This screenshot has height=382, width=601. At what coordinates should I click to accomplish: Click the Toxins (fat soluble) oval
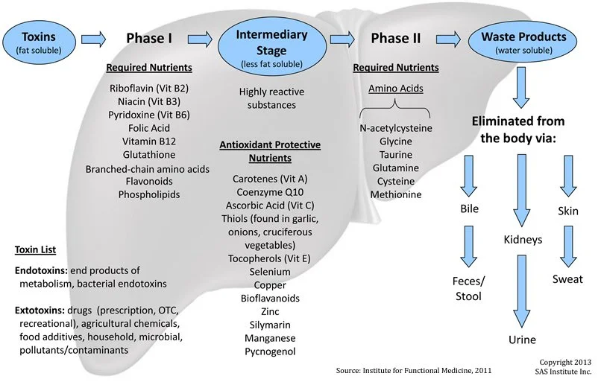[39, 42]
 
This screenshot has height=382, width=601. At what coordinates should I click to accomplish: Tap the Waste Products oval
[523, 41]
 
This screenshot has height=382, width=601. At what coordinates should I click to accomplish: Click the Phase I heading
[149, 38]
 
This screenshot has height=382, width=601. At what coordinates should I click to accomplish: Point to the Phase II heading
[395, 38]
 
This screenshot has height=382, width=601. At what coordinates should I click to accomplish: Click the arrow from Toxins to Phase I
[93, 39]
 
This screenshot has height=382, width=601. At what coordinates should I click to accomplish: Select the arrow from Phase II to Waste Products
[448, 39]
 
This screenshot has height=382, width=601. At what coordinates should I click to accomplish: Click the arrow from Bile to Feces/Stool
[468, 246]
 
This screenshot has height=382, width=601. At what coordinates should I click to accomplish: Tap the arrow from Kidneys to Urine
[522, 291]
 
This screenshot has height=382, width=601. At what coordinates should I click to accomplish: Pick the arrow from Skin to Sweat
[568, 246]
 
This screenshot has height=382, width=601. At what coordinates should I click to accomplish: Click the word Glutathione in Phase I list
[149, 155]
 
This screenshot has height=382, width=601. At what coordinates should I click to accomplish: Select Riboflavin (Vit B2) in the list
[149, 89]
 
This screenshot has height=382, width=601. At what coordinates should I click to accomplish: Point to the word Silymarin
[270, 325]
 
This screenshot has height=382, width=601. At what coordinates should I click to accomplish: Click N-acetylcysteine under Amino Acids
[395, 128]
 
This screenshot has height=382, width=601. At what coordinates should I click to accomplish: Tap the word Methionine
[395, 194]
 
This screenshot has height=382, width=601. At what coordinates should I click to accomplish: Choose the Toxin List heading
[35, 250]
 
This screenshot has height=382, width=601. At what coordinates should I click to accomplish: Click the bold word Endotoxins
[41, 270]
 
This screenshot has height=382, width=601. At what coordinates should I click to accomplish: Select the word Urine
[522, 340]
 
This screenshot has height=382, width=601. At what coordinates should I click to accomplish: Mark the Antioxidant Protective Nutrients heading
[270, 152]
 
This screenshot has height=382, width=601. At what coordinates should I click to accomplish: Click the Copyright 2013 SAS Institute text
[564, 366]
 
